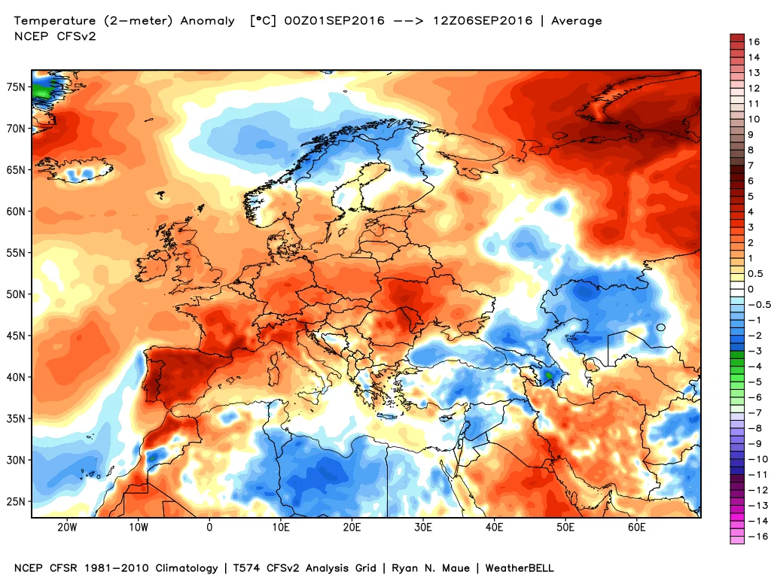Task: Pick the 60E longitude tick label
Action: [637, 527]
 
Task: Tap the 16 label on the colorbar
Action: [754, 41]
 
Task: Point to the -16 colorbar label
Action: [756, 536]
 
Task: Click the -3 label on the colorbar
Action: [753, 351]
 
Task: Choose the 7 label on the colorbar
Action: [751, 165]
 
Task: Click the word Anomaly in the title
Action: [209, 21]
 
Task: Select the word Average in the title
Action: [577, 21]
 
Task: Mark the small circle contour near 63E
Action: [660, 327]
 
